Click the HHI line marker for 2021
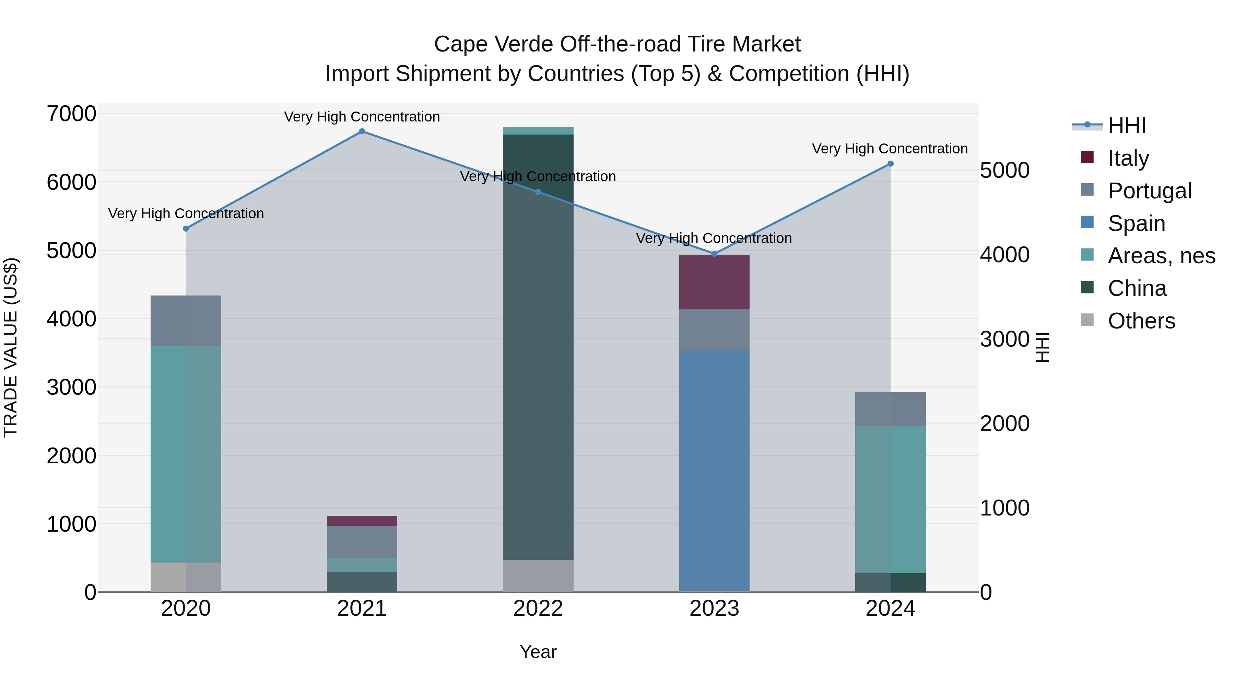(362, 131)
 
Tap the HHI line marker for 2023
(714, 254)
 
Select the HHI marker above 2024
(890, 164)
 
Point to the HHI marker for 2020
(186, 229)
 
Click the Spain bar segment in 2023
(714, 470)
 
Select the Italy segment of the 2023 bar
(714, 282)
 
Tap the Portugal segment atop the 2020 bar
(186, 321)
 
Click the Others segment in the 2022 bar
(538, 576)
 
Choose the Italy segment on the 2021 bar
(362, 521)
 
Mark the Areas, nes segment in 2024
(890, 499)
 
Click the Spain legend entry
(1136, 223)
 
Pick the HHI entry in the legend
(1127, 126)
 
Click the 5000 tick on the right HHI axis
(1005, 170)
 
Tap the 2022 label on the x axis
(538, 609)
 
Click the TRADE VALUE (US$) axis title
(11, 347)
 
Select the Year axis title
(538, 652)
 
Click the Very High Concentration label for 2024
(890, 149)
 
